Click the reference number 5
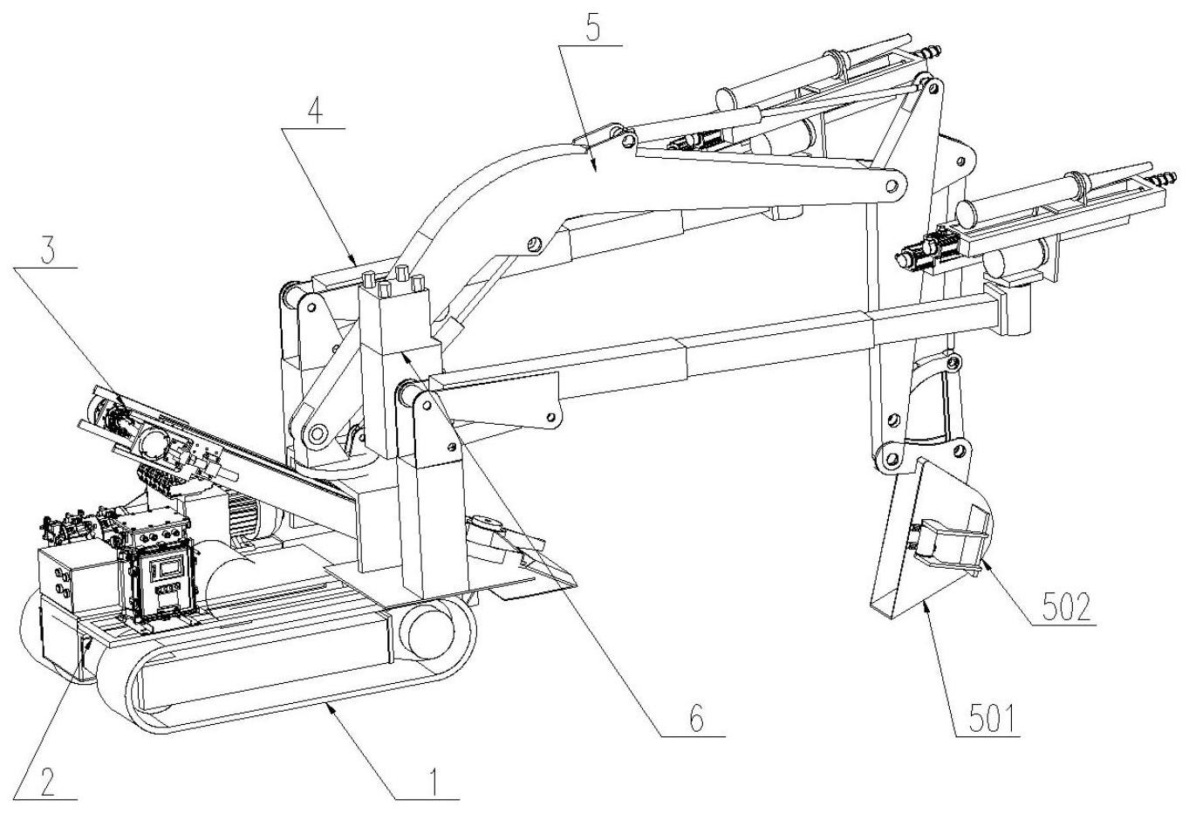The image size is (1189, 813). pyautogui.click(x=593, y=31)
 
